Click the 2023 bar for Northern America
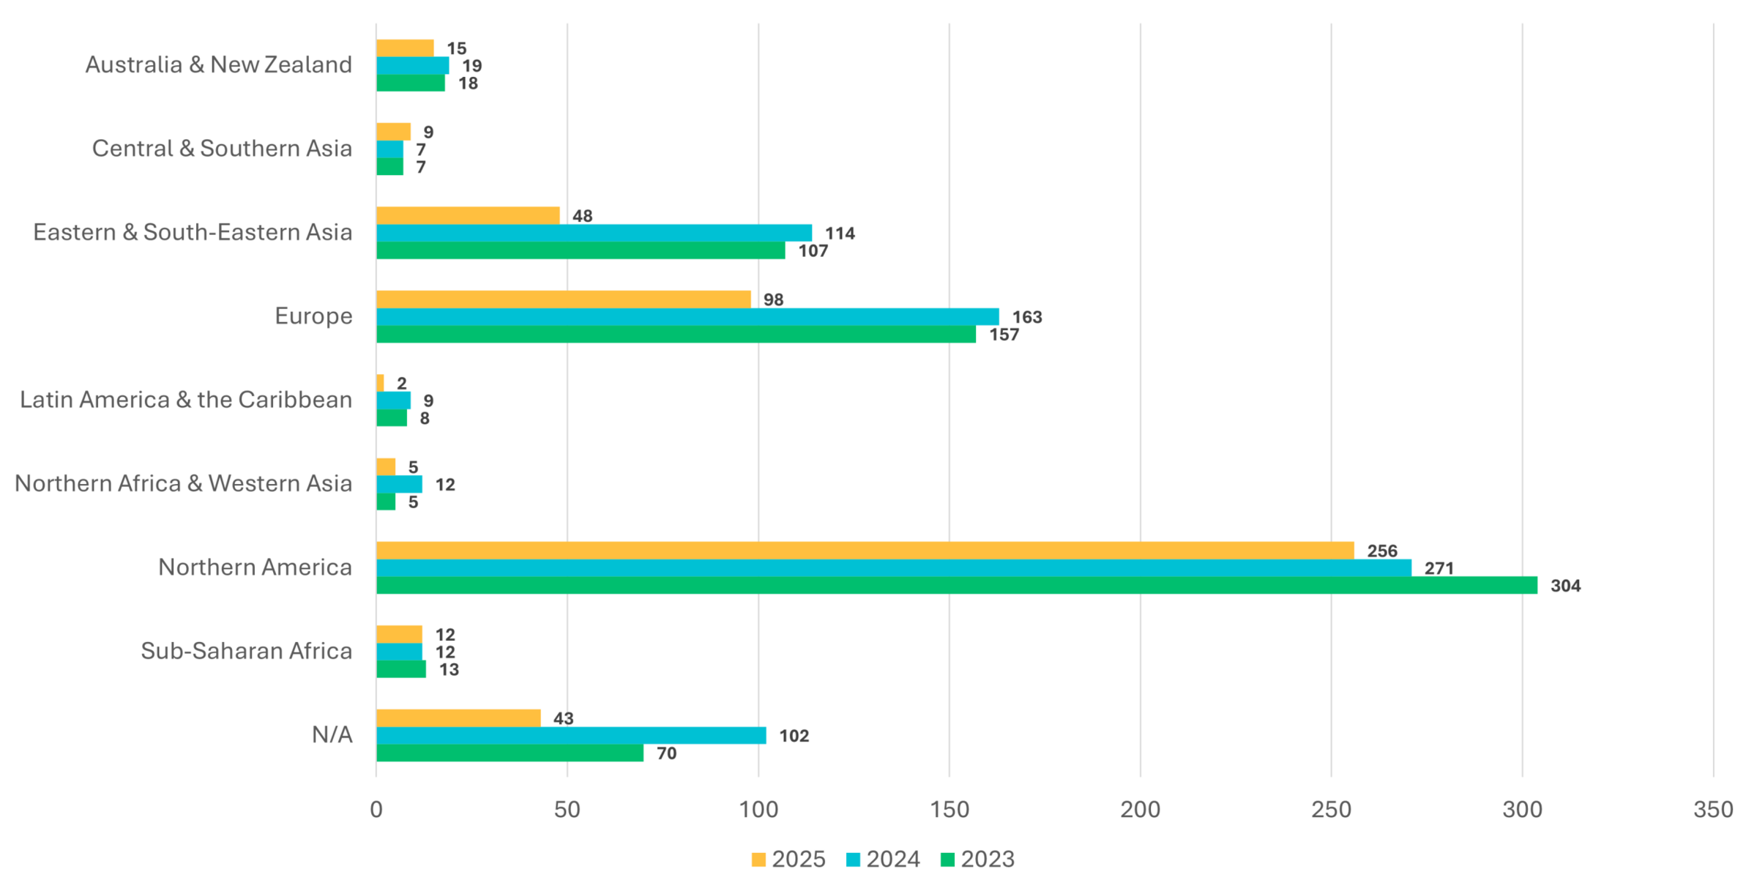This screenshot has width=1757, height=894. coord(956,585)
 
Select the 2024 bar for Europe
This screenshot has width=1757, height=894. coord(687,316)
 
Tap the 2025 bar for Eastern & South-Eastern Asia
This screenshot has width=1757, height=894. coord(468,215)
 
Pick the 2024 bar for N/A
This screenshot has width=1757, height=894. coord(571,735)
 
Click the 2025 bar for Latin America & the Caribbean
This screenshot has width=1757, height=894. coord(380,383)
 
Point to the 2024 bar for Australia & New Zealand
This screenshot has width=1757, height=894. coord(412,66)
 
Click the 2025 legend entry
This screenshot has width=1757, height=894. coord(788,859)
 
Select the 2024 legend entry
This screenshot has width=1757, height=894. coord(883,859)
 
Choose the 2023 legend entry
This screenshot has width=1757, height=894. coord(977,859)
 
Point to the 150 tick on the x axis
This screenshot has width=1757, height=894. coord(950,809)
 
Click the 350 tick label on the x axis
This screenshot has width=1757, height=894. coord(1713,809)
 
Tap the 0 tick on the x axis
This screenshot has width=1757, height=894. coord(376,809)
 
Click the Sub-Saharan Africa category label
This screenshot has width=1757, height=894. coord(246,651)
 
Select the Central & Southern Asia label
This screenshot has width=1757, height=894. coord(222,149)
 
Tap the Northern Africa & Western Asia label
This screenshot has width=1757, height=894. coord(183,483)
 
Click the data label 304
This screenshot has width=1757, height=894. coord(1565,586)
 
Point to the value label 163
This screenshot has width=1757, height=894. coord(1027,317)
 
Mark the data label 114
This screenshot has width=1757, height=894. coord(840,234)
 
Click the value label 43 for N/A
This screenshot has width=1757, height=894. coord(563,718)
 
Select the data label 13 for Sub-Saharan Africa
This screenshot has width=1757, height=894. coord(449,669)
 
